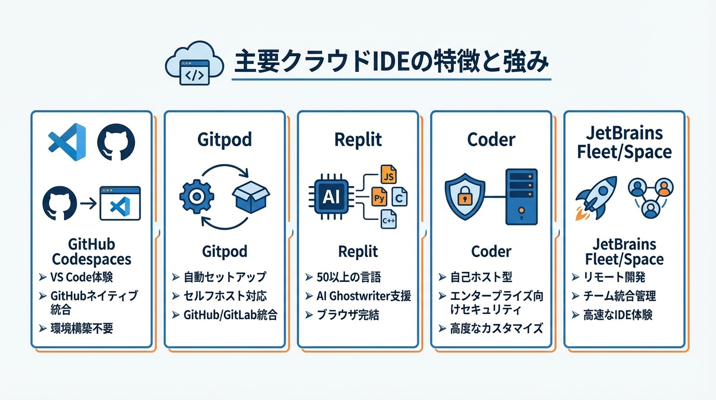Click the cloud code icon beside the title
click(194, 65)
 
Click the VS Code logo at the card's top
click(67, 141)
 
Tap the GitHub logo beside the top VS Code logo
click(116, 141)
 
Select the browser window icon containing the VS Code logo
click(120, 203)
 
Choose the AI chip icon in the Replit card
click(330, 197)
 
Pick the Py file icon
click(379, 198)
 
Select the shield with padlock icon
click(464, 197)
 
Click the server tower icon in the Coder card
click(521, 196)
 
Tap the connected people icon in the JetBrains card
click(650, 197)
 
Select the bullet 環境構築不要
click(82, 328)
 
